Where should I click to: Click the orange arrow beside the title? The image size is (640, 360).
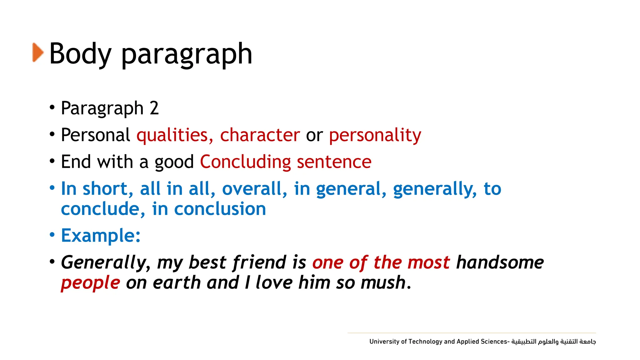(x=38, y=52)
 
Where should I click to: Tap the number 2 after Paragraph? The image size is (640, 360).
(x=154, y=108)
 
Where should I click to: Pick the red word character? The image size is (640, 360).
(x=260, y=135)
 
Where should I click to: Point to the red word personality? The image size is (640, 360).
(x=375, y=135)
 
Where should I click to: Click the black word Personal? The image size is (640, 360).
(x=95, y=135)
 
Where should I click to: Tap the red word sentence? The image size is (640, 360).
(x=334, y=162)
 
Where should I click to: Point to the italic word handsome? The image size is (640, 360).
(x=500, y=262)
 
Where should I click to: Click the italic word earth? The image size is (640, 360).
(x=177, y=282)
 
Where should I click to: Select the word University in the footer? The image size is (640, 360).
(x=384, y=342)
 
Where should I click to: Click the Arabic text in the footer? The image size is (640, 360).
(x=553, y=342)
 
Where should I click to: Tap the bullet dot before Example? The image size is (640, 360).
(x=52, y=235)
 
